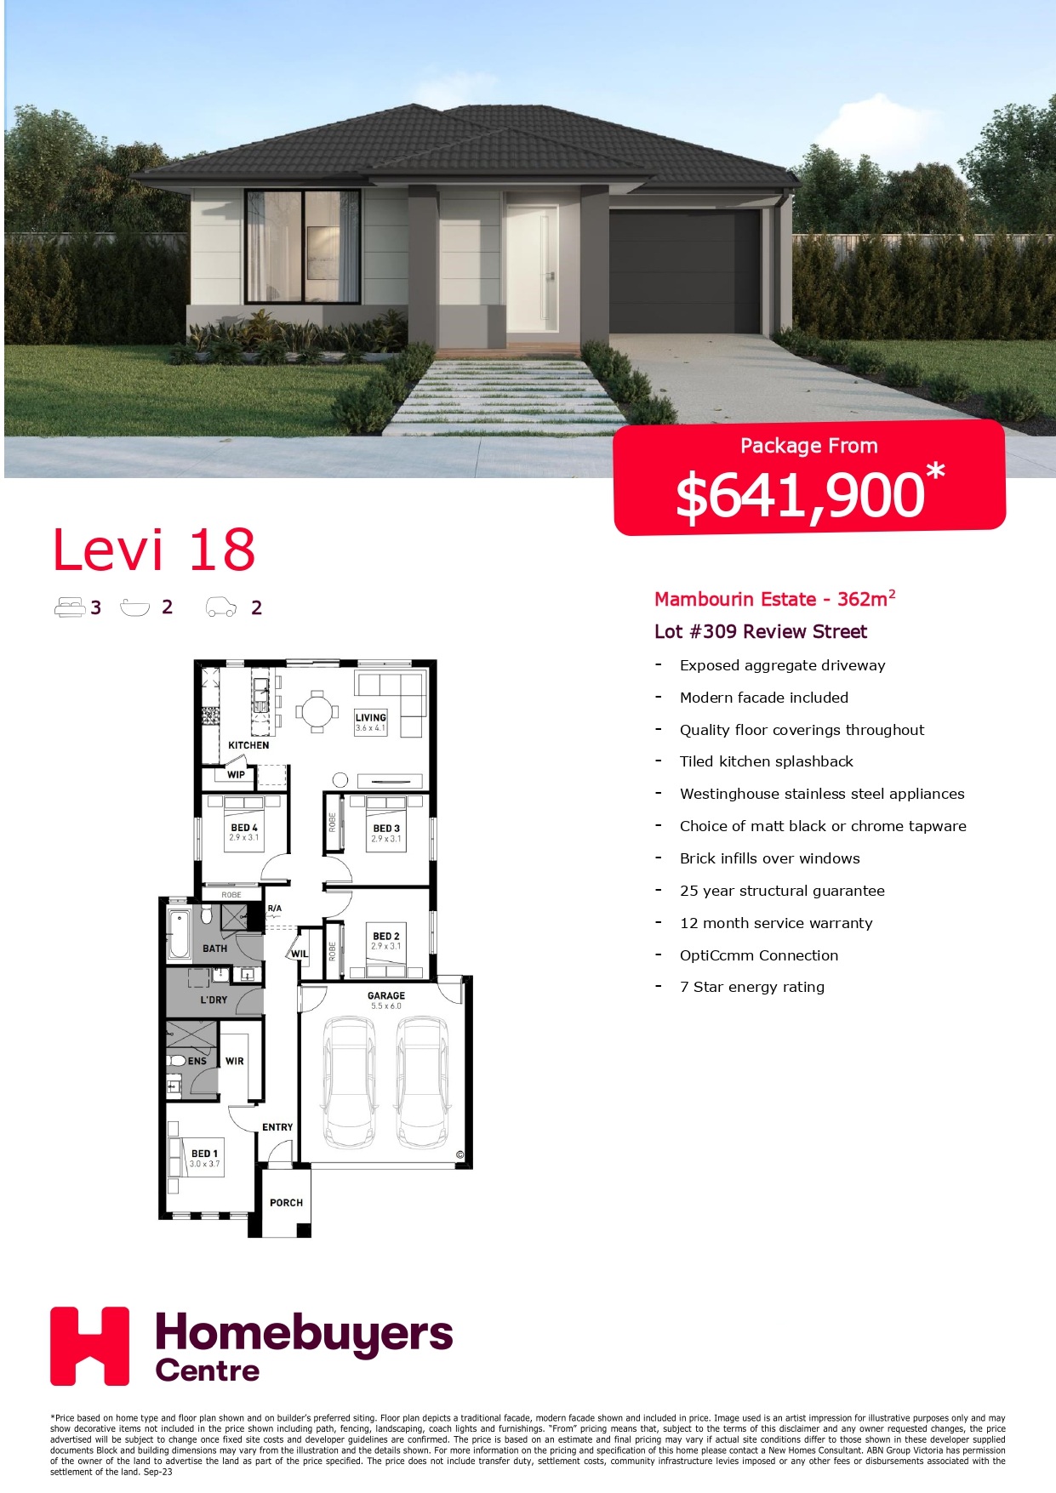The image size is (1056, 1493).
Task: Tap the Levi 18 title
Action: tap(154, 550)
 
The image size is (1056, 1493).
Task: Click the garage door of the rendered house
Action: tap(685, 271)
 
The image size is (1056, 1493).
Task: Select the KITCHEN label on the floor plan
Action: tap(248, 745)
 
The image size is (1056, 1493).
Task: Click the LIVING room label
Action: tap(370, 717)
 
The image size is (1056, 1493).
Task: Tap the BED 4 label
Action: tap(243, 828)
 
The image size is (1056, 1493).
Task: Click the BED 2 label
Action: tap(385, 936)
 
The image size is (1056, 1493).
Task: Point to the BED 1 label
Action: tap(204, 1154)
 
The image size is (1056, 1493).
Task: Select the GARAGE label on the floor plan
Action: tap(386, 995)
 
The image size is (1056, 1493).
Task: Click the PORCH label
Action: tap(286, 1203)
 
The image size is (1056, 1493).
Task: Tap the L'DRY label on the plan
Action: tap(214, 1000)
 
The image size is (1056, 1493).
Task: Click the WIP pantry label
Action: tap(236, 775)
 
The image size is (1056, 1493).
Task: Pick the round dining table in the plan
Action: tap(317, 711)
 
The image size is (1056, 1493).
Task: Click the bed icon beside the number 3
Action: tap(69, 607)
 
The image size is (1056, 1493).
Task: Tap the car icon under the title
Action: tap(221, 607)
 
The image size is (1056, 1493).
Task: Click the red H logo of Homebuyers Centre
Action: tap(89, 1346)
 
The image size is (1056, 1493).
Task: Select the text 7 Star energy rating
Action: tap(752, 987)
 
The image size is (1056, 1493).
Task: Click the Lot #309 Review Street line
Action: tap(761, 631)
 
